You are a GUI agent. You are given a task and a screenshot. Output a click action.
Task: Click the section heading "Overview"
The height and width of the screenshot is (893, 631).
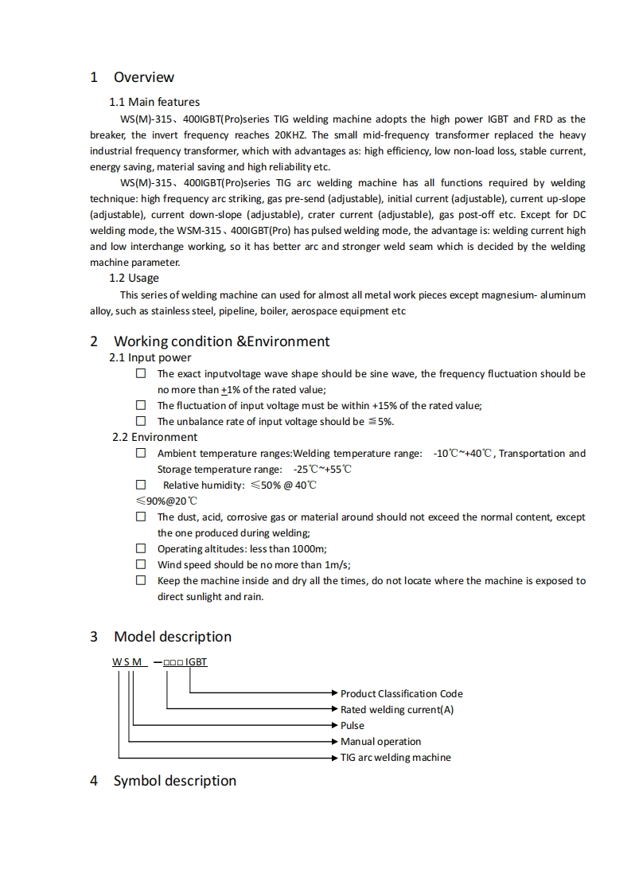[143, 77]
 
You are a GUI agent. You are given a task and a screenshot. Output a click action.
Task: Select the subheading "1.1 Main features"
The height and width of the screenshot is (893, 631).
[154, 102]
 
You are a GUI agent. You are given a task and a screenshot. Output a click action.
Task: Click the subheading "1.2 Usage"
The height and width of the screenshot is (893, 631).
[134, 278]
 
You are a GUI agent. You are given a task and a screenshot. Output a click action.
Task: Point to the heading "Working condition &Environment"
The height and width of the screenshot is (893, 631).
[221, 341]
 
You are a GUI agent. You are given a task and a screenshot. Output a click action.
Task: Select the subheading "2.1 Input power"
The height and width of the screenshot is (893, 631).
[150, 357]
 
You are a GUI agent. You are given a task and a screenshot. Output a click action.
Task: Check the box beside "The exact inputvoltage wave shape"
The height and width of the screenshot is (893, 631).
[141, 373]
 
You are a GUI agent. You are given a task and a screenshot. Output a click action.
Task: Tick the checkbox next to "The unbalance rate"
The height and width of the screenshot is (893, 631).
[141, 421]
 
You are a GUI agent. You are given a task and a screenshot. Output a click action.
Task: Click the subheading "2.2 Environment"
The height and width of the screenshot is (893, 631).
[155, 437]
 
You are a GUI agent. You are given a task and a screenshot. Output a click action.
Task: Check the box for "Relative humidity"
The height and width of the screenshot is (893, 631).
[141, 485]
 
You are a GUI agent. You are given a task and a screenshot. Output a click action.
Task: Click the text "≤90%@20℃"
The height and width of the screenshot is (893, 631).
[166, 501]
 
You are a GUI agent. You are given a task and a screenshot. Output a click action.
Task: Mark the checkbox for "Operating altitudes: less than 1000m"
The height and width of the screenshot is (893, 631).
[141, 548]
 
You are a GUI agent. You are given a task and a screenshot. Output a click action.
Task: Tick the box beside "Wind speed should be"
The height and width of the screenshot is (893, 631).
[141, 564]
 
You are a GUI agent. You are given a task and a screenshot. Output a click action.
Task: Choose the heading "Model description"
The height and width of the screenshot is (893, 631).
[173, 637]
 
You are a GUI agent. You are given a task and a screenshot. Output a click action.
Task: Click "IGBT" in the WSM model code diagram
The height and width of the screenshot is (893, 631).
[197, 661]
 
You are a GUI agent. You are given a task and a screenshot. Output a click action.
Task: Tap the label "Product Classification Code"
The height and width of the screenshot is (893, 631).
[401, 694]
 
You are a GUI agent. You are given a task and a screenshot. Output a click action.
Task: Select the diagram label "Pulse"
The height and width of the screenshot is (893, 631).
[353, 726]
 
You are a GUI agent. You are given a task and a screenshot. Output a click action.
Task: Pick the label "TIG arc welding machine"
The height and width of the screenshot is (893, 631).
[395, 758]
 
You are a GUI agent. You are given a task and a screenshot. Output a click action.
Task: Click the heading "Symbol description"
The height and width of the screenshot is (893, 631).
[175, 781]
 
